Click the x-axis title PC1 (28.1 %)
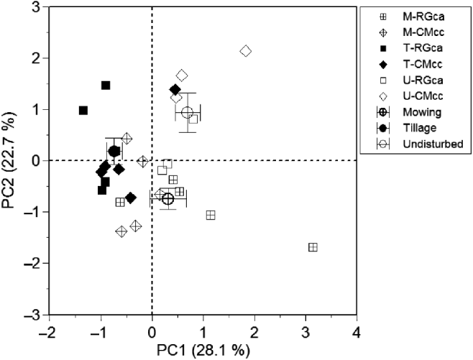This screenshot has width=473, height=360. pyautogui.click(x=203, y=351)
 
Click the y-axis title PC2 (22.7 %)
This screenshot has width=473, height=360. pyautogui.click(x=10, y=161)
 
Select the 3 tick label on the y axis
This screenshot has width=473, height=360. pyautogui.click(x=34, y=7)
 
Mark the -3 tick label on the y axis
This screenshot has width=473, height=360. pyautogui.click(x=31, y=315)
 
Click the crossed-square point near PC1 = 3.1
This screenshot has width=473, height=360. pyautogui.click(x=313, y=247)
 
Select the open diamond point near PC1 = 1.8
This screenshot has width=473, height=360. pyautogui.click(x=246, y=51)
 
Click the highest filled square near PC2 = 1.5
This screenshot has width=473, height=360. pyautogui.click(x=106, y=85)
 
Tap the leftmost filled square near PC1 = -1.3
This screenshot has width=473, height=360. pyautogui.click(x=83, y=110)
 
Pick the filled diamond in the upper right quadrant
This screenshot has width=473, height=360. pyautogui.click(x=175, y=89)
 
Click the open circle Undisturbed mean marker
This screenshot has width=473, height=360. pyautogui.click(x=188, y=112)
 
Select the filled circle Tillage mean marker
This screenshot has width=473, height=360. pyautogui.click(x=114, y=151)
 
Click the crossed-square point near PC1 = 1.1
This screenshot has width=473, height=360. pyautogui.click(x=211, y=215)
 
